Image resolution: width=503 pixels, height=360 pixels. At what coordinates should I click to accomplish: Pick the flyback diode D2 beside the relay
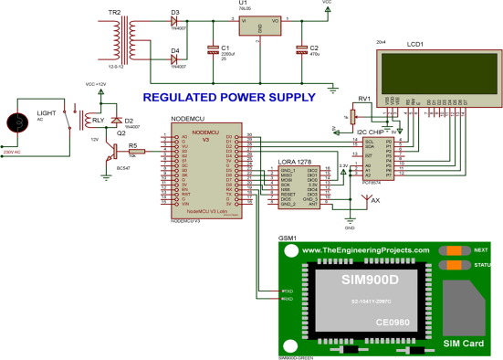(116, 121)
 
